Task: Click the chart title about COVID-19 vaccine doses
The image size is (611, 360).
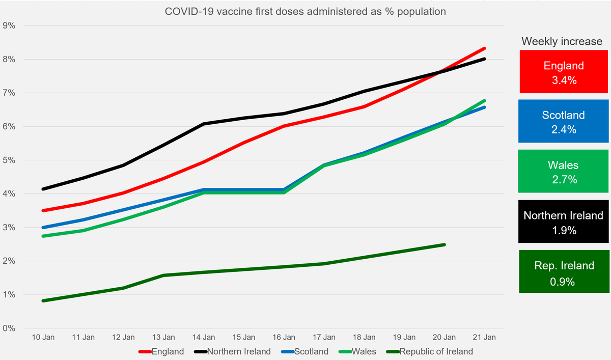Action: coord(305,12)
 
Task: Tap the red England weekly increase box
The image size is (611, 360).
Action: coord(564,72)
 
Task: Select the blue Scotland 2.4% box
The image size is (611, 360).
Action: coord(564,121)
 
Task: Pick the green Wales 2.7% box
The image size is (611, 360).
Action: coord(564,171)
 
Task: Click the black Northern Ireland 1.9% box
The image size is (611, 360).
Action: coord(564,222)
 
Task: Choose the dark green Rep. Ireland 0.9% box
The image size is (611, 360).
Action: coord(564,272)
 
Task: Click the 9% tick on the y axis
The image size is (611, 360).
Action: coord(9,26)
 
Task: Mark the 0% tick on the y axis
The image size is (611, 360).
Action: coord(9,328)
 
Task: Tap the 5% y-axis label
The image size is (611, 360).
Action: coord(9,160)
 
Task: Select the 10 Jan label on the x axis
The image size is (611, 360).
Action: coord(43,337)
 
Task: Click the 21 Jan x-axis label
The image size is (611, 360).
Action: coord(484,337)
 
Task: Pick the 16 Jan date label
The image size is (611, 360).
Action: coord(284,337)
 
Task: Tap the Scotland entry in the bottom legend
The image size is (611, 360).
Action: coord(307,351)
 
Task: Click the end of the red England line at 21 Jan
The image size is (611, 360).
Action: coord(484,48)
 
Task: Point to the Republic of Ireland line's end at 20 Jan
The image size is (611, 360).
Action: coord(444,245)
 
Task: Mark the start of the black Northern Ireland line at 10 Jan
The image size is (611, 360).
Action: coord(43,189)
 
